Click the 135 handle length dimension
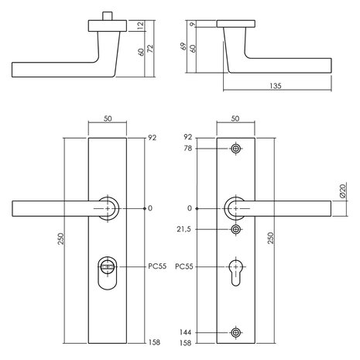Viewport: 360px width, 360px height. point(276,86)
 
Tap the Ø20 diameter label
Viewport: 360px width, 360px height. point(343,190)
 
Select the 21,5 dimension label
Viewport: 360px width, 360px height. point(183,229)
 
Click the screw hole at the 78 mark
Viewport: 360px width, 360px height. point(235,149)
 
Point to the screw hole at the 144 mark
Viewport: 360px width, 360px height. point(236,332)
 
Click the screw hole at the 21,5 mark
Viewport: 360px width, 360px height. point(236,229)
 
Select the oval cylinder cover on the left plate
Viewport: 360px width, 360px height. point(108,273)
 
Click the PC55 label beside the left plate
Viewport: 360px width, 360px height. point(157,266)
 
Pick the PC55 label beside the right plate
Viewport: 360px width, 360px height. point(184,266)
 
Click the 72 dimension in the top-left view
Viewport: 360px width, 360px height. point(150,49)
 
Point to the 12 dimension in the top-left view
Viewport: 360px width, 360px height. point(141,26)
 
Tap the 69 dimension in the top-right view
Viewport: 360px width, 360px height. point(183,46)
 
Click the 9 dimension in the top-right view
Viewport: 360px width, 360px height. point(193,24)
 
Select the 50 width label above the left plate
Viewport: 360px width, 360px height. point(108,118)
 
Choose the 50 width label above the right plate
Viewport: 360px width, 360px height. point(235,118)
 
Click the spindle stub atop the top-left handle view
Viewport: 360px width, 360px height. point(108,16)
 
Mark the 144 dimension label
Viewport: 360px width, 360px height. point(186,332)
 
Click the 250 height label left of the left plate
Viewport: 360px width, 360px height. point(60,238)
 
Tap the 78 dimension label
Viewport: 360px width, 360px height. point(188,149)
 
